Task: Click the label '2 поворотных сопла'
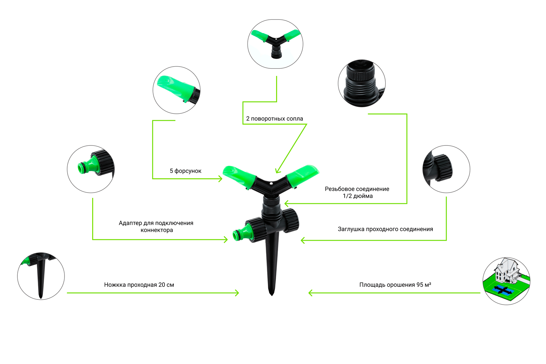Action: tap(274, 118)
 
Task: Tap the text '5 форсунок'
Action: tap(186, 171)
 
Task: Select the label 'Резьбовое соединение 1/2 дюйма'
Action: tap(357, 192)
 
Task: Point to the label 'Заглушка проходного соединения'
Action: tap(385, 229)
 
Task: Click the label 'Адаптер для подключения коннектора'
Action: tap(156, 226)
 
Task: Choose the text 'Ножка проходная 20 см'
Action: tap(139, 285)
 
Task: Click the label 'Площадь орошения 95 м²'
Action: tap(395, 285)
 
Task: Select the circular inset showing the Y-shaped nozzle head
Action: tap(275, 44)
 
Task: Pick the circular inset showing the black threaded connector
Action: tap(362, 83)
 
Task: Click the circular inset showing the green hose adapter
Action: tap(91, 169)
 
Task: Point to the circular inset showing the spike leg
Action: tap(41, 276)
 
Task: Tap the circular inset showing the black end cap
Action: tap(446, 169)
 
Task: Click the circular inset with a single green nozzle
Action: tap(177, 90)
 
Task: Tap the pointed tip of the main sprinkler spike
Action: tap(272, 295)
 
